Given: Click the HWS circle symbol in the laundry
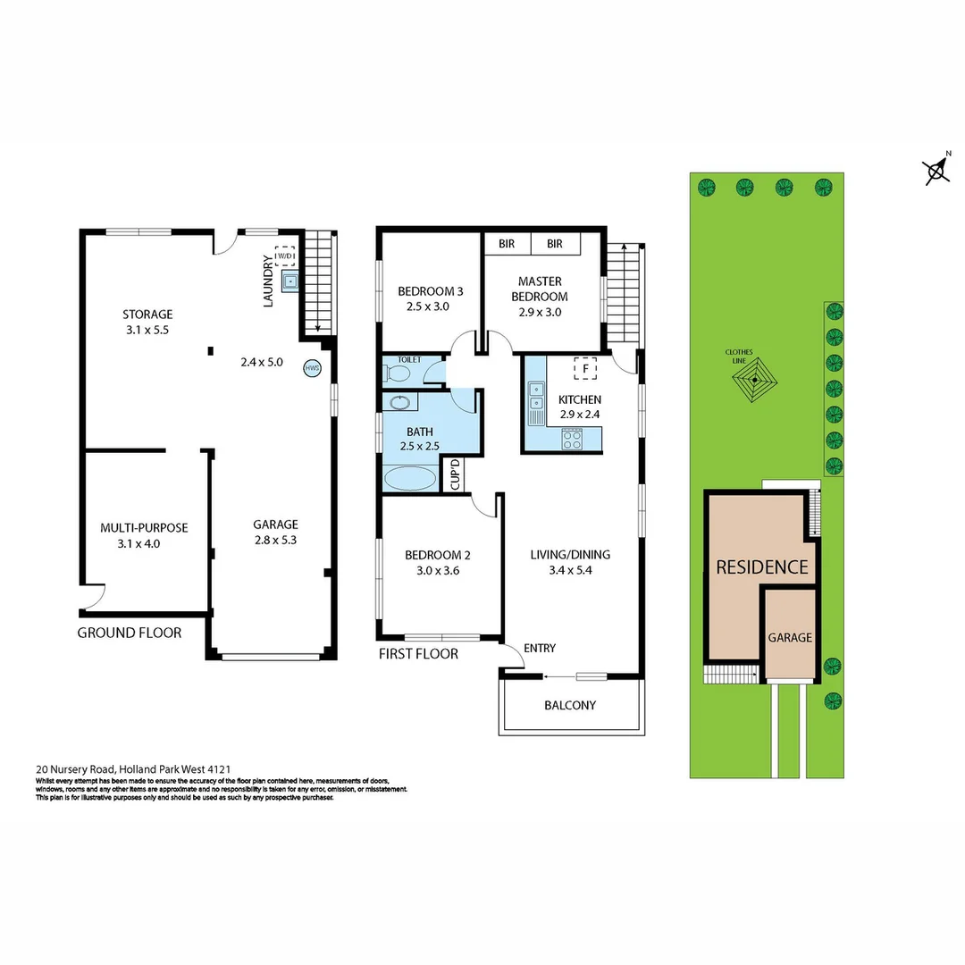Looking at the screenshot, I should (x=312, y=368).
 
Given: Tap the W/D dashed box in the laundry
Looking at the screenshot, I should (x=285, y=256).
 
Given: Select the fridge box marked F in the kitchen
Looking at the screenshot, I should (x=585, y=367).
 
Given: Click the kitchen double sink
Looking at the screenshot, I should (x=536, y=402).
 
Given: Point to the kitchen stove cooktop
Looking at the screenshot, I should (x=572, y=439).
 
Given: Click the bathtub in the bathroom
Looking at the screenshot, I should (x=410, y=479).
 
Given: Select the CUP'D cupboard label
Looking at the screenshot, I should (x=454, y=474).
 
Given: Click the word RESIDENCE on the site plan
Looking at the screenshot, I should (x=762, y=566).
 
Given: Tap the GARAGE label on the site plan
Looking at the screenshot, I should (x=790, y=637).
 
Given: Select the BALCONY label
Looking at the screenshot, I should (x=570, y=705).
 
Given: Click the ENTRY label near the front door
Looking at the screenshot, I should (x=541, y=648).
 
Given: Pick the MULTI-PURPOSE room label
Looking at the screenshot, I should (x=144, y=528).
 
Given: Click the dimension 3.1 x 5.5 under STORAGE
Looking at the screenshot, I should (x=147, y=330).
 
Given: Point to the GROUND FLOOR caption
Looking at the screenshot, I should (x=130, y=633).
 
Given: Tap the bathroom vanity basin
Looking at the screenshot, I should (x=399, y=402).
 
